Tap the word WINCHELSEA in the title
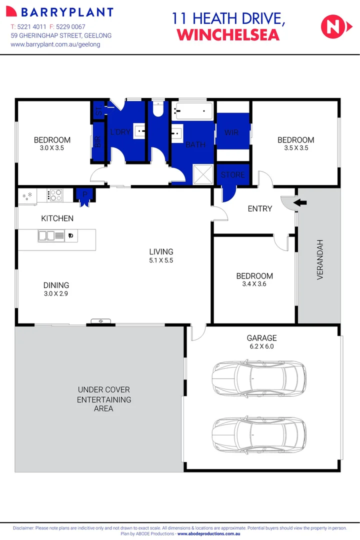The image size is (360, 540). (x=228, y=35)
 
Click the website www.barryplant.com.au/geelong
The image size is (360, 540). (x=55, y=44)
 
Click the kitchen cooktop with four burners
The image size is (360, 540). (x=55, y=194)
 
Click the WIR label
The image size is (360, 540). (x=231, y=132)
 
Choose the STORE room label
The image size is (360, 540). (x=233, y=174)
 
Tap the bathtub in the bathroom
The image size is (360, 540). (x=192, y=110)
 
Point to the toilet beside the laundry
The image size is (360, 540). (x=158, y=109)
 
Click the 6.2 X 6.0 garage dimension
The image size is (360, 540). (x=261, y=346)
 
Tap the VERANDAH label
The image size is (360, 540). (x=320, y=259)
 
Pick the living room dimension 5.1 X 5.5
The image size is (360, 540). (x=161, y=260)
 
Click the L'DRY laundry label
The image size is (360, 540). (x=119, y=132)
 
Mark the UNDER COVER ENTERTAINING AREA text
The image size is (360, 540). (x=104, y=399)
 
